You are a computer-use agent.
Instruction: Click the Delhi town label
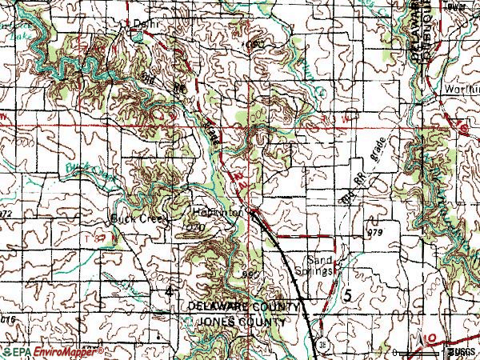tap(142, 23)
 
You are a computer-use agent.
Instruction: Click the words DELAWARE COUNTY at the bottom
tap(244, 307)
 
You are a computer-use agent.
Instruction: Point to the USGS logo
tap(459, 352)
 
